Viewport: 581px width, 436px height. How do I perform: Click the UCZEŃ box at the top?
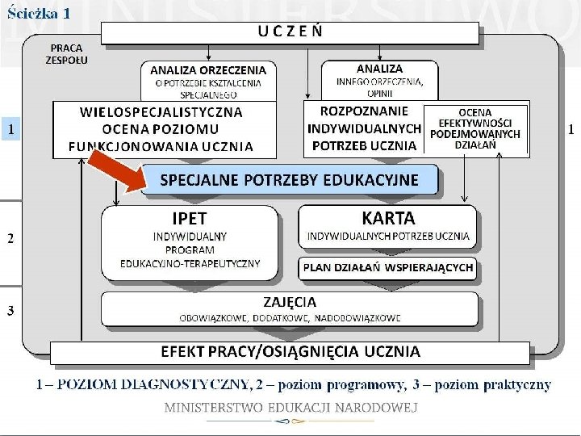coord(290,32)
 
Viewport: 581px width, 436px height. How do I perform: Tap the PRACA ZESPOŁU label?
coord(67,53)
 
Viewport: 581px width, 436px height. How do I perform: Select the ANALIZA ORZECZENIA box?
coord(207,81)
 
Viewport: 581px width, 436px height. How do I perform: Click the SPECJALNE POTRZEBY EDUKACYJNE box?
coord(289,180)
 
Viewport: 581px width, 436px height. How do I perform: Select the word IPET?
coord(189,218)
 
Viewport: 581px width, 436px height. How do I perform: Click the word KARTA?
coord(388,218)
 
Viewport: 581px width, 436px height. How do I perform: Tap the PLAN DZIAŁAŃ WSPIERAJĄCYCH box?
coord(387,268)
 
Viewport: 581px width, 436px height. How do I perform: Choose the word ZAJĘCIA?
coord(290,302)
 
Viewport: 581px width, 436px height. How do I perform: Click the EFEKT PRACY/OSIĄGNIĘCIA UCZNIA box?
coord(290,352)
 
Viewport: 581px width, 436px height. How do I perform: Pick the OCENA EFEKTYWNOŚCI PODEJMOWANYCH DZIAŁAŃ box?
coord(475,128)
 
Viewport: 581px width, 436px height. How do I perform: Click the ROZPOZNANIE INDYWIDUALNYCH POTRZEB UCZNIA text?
coord(364,128)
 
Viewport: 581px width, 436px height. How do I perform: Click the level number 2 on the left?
coord(10,238)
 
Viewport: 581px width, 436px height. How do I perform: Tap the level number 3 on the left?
coord(10,311)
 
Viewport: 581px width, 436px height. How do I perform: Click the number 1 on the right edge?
coord(571,128)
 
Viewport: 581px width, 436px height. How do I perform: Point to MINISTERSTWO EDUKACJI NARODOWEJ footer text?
coord(290,407)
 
